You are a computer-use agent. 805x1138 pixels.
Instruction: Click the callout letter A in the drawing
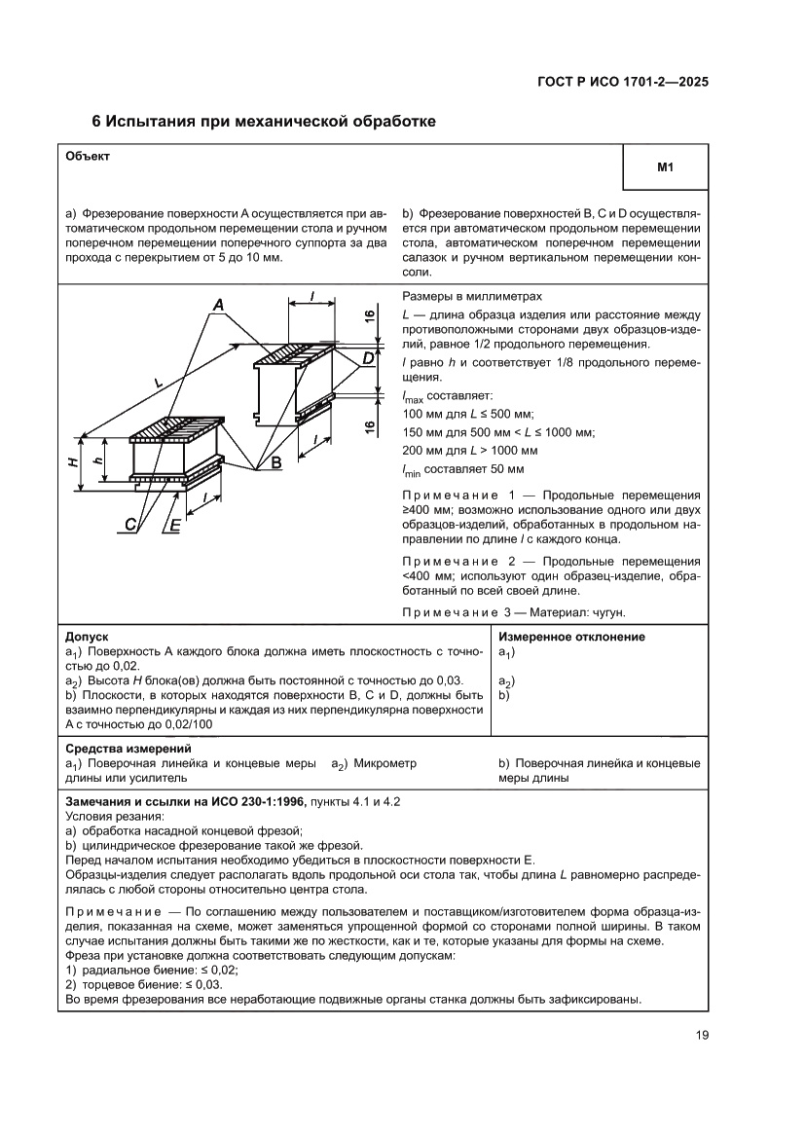pos(219,307)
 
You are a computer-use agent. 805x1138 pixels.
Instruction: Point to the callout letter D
pos(368,359)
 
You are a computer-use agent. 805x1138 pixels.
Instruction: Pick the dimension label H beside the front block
pos(74,460)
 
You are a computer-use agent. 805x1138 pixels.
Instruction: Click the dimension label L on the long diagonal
pos(159,383)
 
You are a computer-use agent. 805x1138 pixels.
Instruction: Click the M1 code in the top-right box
pos(666,168)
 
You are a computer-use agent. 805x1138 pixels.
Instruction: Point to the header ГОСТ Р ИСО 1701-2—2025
pos(622,82)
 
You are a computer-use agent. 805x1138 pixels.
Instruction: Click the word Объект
pos(88,156)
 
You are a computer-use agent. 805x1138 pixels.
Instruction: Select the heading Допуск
pos(86,636)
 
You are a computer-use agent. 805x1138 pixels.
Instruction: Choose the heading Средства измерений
pos(127,750)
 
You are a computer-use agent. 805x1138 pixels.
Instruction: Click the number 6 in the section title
pos(96,123)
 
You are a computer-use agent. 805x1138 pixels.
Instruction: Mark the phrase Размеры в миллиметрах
pos(471,296)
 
